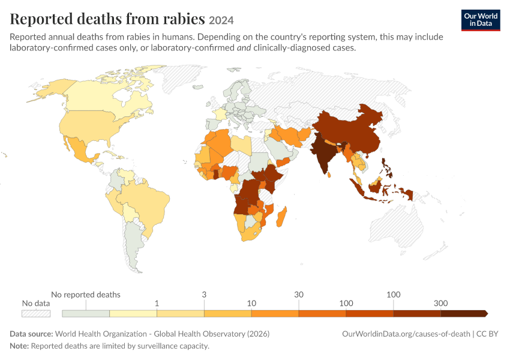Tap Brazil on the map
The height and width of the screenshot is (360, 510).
coord(146,205)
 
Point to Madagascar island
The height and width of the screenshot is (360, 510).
coord(281,217)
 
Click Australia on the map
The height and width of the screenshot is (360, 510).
coord(397,227)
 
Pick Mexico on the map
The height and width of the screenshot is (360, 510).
coord(80,149)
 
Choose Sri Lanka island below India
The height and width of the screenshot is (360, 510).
coord(329,175)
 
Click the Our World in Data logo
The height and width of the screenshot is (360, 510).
coord(481,20)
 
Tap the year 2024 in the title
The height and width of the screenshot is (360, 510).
coord(221,20)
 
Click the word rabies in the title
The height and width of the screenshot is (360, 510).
coord(184,19)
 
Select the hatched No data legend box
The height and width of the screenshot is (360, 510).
coord(36,313)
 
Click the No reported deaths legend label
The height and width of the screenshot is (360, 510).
coord(86,295)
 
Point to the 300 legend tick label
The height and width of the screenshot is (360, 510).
coord(441,304)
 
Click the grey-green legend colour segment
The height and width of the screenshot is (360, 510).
coord(86,313)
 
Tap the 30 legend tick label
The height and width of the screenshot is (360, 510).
coord(299,295)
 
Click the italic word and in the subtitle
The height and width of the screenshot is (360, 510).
coord(244,48)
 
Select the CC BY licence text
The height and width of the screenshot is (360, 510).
coord(487,334)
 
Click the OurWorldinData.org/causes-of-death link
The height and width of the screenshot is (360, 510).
coord(406,334)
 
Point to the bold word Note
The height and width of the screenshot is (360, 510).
coord(20,346)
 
